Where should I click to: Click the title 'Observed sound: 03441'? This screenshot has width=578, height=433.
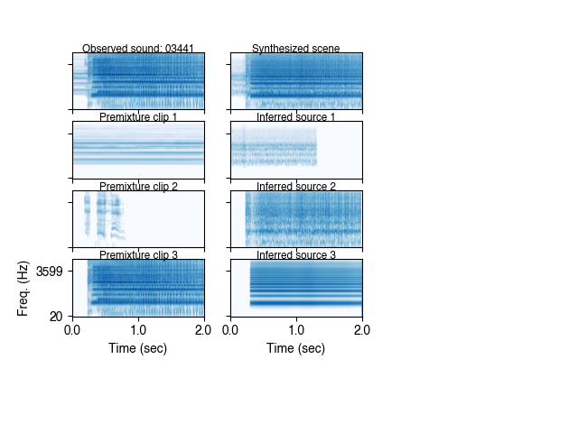coord(138,49)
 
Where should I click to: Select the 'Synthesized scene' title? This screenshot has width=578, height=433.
coord(296,49)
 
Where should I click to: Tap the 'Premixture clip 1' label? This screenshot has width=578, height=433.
coord(138,117)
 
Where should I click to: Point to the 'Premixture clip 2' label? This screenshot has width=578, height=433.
coord(138,187)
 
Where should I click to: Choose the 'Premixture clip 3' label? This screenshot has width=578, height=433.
coord(138,255)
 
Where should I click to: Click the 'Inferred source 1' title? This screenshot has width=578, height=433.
coord(296,117)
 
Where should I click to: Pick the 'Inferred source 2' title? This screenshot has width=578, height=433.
coord(296,187)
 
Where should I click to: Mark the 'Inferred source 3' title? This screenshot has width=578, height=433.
coord(296,255)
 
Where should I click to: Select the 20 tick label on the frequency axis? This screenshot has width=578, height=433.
coord(57,316)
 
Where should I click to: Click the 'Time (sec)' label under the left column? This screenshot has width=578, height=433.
coord(138,348)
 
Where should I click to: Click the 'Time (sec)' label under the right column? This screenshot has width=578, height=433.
coord(296,348)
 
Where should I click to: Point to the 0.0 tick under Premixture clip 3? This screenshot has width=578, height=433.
coord(73,330)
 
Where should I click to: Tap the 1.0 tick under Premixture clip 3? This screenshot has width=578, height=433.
coord(138,330)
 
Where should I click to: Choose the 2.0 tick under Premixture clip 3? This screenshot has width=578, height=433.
coord(204,330)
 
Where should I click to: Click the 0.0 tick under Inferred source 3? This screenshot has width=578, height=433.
coord(231,330)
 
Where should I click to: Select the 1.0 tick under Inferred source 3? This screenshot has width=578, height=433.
coord(296,330)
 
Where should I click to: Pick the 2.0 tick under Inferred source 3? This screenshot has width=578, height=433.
coord(362,330)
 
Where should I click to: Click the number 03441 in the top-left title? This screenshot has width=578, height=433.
coord(180,49)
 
